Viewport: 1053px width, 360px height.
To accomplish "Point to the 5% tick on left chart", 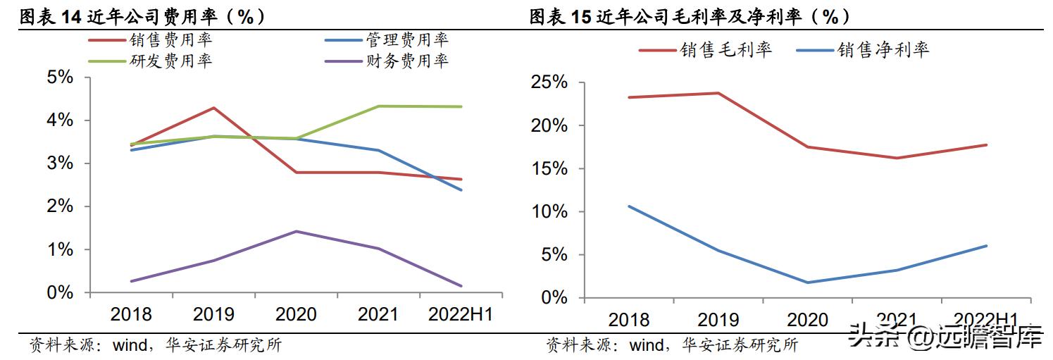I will point(60,77).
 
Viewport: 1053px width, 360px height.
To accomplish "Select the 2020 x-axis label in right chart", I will point(808,320).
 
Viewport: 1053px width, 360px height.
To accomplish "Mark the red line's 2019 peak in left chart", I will point(213,108).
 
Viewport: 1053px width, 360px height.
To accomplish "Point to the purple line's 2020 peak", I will point(296,231).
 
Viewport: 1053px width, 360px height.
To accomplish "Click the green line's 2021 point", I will point(378,106).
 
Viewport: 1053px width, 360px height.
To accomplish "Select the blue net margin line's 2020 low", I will point(807,283).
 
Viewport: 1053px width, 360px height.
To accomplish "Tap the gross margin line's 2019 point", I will point(718,93).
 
